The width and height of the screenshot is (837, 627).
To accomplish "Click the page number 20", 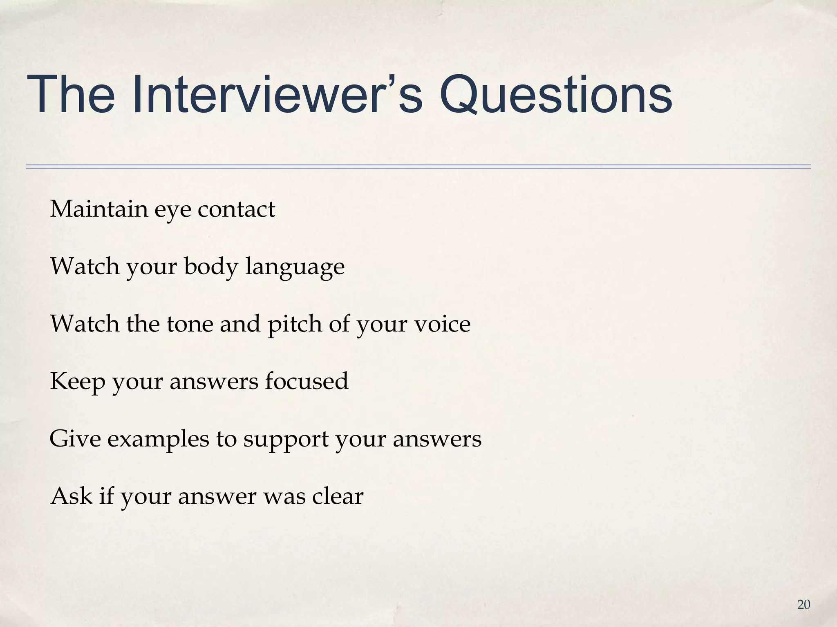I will tap(803, 605).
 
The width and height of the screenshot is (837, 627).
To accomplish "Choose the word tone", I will tap(190, 324).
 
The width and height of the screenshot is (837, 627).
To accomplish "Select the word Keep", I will tap(77, 382).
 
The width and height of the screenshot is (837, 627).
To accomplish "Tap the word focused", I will tap(307, 381).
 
